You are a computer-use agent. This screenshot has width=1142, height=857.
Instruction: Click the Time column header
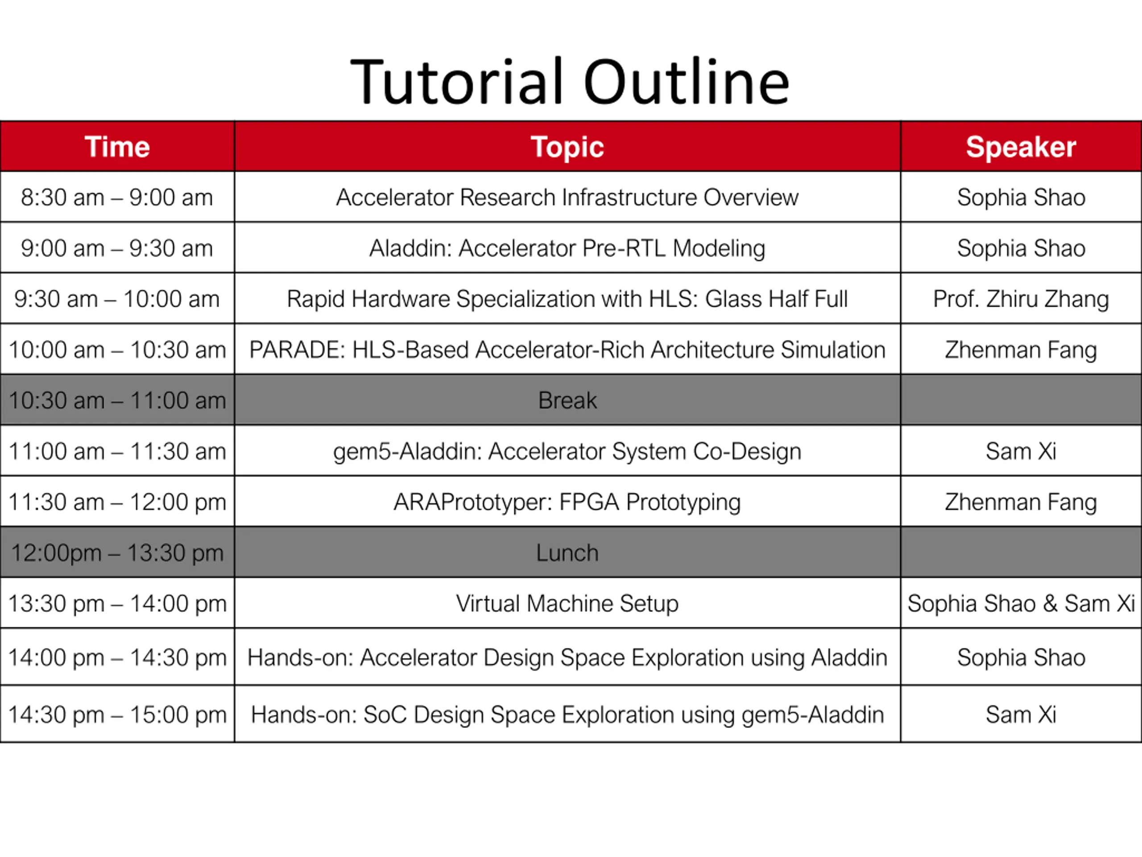117,147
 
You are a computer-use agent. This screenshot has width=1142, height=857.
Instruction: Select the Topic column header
567,147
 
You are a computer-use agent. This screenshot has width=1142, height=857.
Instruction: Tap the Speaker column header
1021,147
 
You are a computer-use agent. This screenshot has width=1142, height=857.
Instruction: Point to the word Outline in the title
687,82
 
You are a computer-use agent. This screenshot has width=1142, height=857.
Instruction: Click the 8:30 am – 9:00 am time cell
117,197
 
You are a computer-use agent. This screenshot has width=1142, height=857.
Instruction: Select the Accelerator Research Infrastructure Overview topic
567,197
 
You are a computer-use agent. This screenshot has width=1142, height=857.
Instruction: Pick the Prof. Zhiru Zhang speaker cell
1021,299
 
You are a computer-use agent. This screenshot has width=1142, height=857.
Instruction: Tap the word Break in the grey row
567,400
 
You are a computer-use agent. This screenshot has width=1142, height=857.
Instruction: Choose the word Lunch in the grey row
567,553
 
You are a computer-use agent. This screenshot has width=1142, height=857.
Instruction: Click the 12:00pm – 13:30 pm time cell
117,553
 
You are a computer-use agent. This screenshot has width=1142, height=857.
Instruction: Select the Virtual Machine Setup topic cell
567,603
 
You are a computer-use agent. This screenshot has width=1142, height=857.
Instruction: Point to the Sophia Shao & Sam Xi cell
1021,603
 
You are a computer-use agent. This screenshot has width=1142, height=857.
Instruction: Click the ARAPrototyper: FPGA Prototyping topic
567,502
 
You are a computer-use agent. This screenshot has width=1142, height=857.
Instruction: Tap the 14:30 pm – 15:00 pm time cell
117,715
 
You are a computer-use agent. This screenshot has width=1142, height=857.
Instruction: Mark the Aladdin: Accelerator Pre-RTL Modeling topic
567,248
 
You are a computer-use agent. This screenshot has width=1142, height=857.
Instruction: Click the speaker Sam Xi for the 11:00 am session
1021,451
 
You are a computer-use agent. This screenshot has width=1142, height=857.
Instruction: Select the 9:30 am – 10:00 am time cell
117,299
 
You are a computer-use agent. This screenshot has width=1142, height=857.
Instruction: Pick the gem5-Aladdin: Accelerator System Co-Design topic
567,451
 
